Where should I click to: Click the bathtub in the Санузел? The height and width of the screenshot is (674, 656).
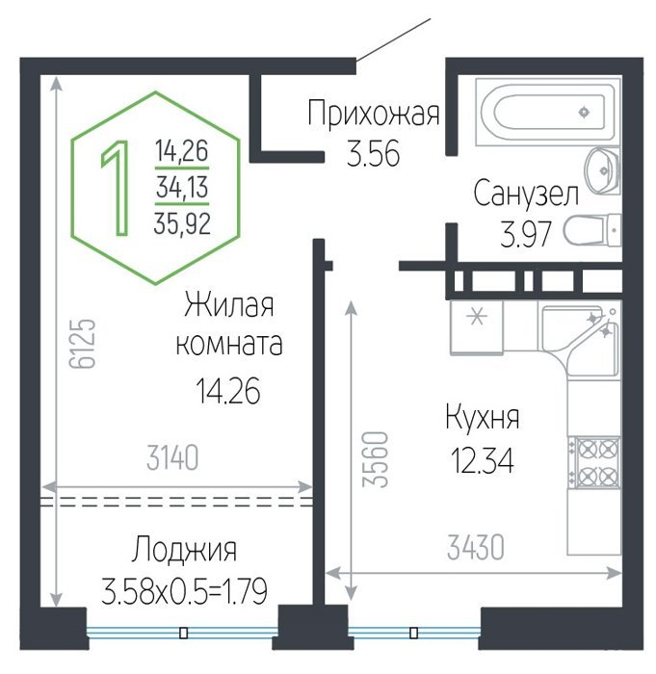[548, 112]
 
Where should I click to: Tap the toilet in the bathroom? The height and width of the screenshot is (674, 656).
[592, 230]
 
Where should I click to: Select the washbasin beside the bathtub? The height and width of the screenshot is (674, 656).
[602, 170]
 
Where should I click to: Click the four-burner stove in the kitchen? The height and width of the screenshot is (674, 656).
[594, 463]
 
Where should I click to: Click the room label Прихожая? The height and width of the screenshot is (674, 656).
[374, 114]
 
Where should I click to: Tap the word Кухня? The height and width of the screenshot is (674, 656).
[483, 418]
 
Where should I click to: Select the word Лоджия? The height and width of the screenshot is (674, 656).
[184, 550]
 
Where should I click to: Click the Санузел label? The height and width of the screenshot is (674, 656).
[526, 194]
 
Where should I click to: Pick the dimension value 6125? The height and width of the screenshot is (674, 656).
[82, 344]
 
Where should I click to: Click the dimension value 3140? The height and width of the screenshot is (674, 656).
[172, 457]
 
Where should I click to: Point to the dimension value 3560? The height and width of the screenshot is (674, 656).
[375, 459]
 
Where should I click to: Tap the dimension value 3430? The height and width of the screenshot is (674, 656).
[475, 547]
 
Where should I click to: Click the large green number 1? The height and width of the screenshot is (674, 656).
[116, 188]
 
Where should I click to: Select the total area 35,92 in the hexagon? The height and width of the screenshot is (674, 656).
[182, 224]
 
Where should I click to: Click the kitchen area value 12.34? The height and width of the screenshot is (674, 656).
[483, 460]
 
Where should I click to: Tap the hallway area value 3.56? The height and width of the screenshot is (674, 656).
[374, 153]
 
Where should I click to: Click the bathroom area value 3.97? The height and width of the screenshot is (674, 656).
[525, 234]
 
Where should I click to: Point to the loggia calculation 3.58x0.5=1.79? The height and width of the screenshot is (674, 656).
[184, 591]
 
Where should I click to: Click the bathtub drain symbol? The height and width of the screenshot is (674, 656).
[584, 113]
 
